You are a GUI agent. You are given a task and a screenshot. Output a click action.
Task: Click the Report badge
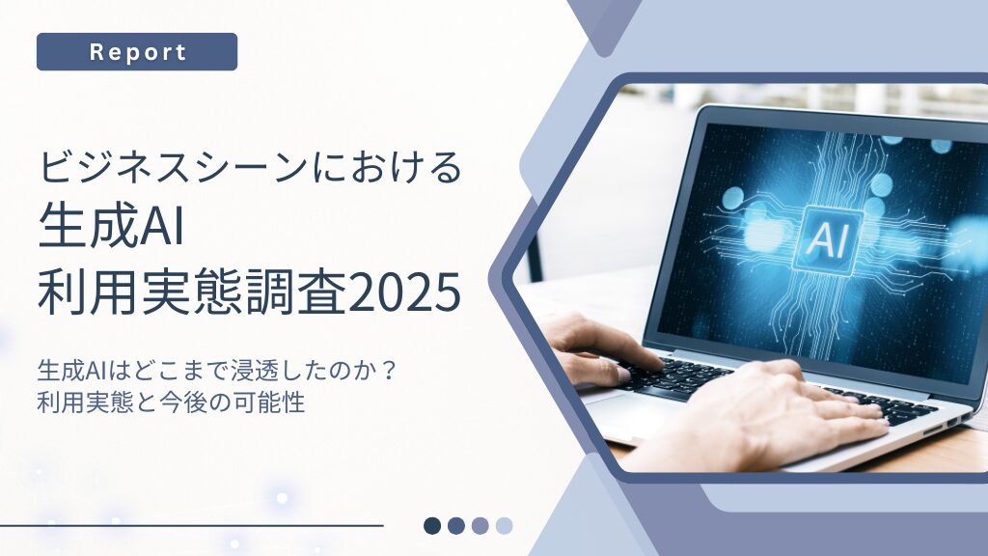click(137, 52)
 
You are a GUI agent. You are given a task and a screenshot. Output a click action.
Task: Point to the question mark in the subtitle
click(390, 370)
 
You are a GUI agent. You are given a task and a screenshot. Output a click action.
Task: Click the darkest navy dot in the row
click(432, 526)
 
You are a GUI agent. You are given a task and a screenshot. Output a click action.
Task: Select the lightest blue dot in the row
click(504, 526)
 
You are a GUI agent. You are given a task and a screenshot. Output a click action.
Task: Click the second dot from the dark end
click(456, 526)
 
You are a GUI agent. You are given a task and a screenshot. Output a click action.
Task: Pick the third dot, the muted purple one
click(480, 526)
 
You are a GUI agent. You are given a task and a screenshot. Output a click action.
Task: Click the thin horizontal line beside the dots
click(192, 525)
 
